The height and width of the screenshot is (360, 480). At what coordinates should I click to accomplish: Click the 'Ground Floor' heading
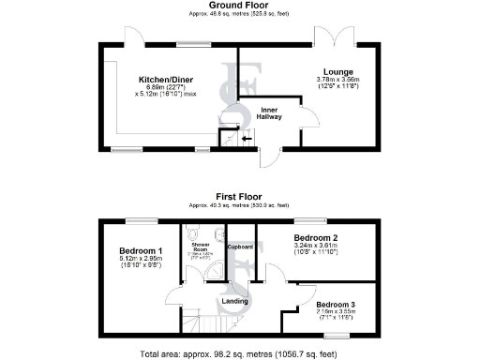pyautogui.click(x=239, y=5)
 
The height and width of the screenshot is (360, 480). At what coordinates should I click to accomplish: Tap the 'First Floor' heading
pyautogui.click(x=239, y=196)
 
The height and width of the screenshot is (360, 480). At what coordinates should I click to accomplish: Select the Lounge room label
pyautogui.click(x=337, y=71)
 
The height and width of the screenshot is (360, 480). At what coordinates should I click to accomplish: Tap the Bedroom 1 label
pyautogui.click(x=141, y=251)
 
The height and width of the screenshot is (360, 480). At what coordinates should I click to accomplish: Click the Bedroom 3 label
pyautogui.click(x=335, y=305)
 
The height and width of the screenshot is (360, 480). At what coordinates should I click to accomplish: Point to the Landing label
pyautogui.click(x=234, y=301)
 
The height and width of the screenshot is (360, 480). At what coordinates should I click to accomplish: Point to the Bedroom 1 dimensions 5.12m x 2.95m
pyautogui.click(x=141, y=261)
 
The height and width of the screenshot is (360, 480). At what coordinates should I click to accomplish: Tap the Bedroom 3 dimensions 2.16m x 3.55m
pyautogui.click(x=335, y=314)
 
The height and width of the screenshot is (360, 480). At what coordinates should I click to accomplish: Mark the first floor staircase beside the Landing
pyautogui.click(x=192, y=323)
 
